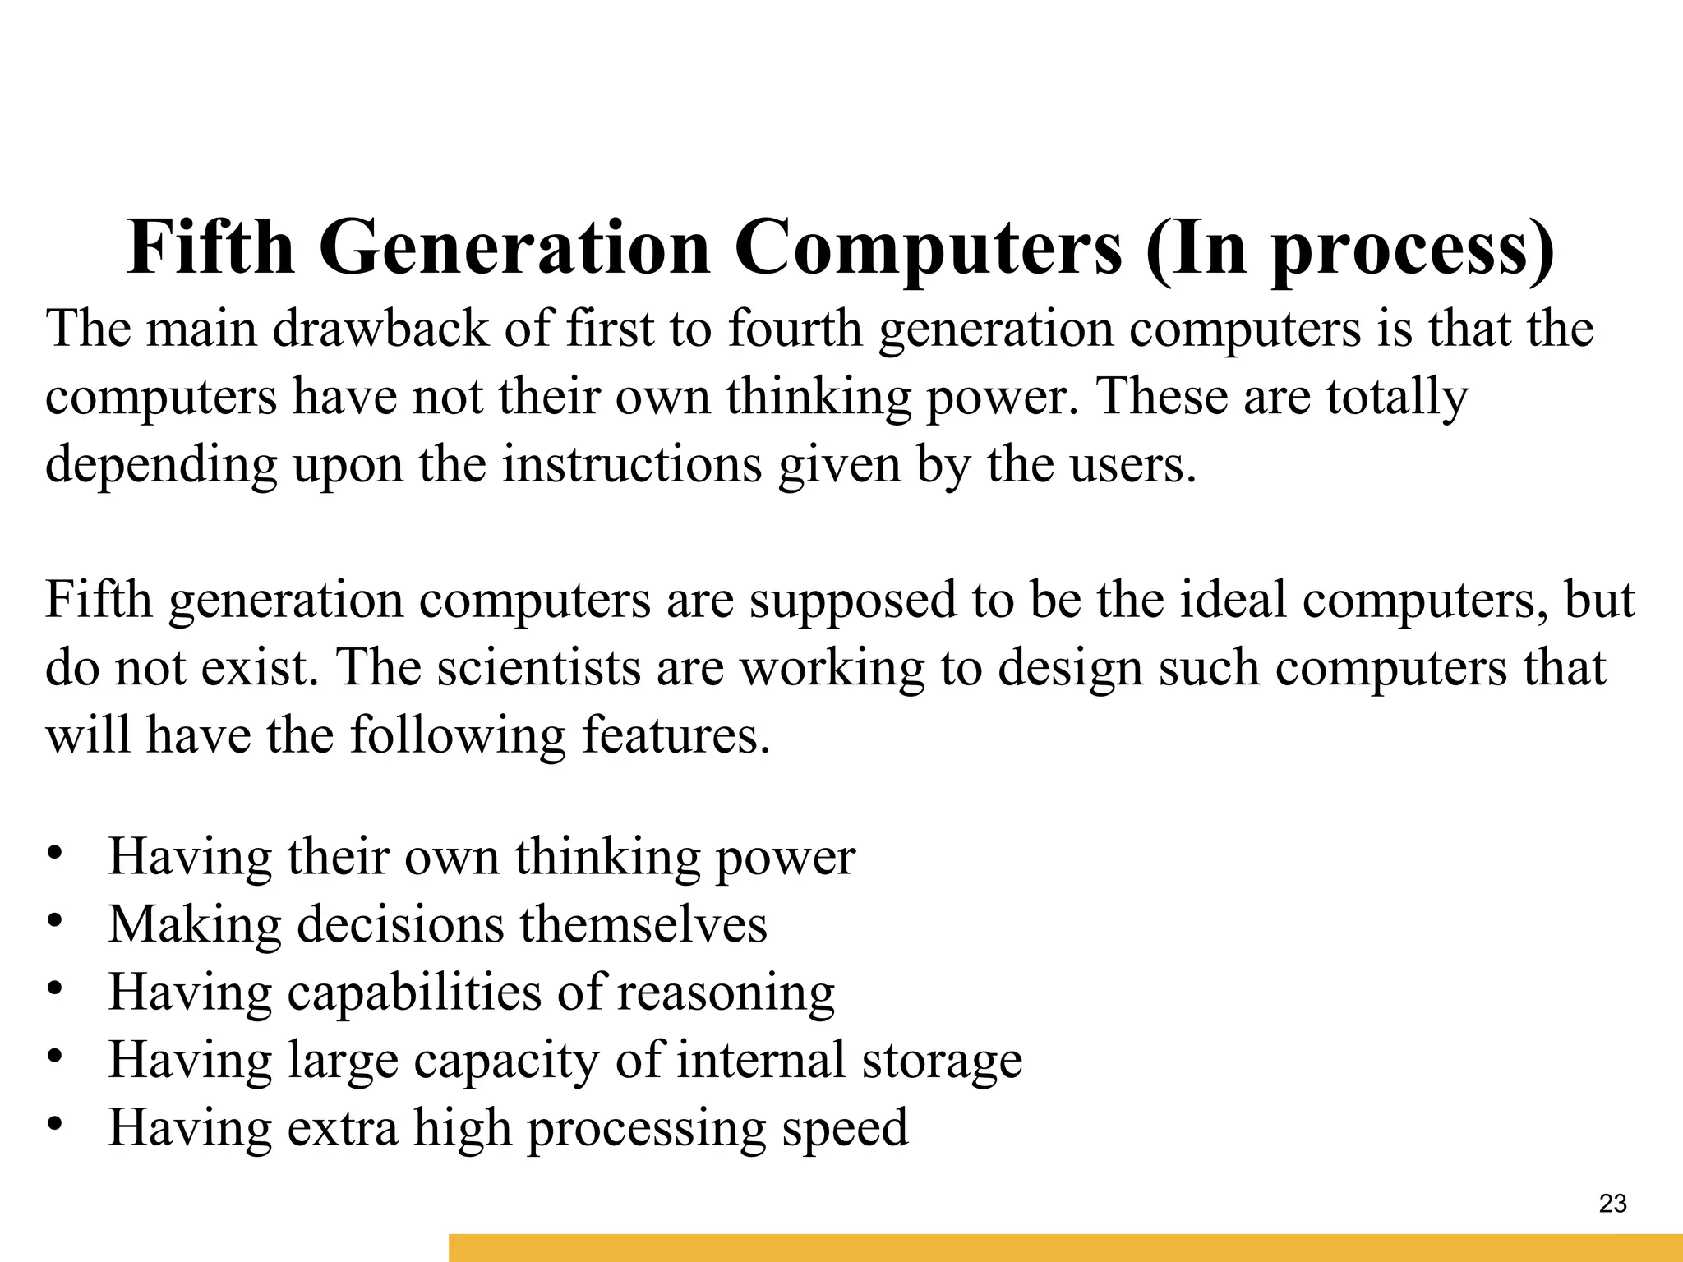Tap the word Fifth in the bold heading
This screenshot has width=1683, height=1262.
click(210, 248)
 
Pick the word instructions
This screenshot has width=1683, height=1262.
click(632, 465)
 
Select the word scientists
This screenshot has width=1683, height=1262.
click(538, 667)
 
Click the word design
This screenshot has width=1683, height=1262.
click(1071, 669)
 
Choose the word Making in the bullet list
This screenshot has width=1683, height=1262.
click(195, 925)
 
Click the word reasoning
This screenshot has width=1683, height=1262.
click(726, 994)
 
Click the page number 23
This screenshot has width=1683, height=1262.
click(1612, 1204)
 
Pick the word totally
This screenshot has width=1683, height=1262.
click(1397, 398)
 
